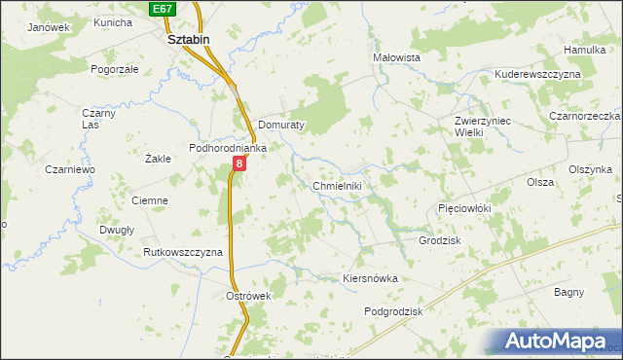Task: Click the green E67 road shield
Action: click(x=163, y=8)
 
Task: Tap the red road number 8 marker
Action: click(x=238, y=164)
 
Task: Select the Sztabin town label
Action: click(x=189, y=40)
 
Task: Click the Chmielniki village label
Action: click(x=338, y=185)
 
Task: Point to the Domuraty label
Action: click(x=283, y=126)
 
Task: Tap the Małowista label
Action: click(x=396, y=57)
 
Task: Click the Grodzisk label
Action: click(x=439, y=240)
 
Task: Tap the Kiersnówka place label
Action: click(x=371, y=278)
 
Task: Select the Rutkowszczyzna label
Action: click(x=183, y=252)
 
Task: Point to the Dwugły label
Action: click(x=116, y=231)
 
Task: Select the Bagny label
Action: click(x=568, y=292)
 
